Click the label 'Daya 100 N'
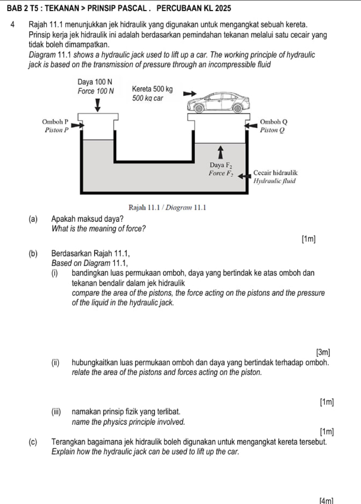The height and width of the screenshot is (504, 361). click(x=95, y=83)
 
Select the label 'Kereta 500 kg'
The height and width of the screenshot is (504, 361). click(x=152, y=89)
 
